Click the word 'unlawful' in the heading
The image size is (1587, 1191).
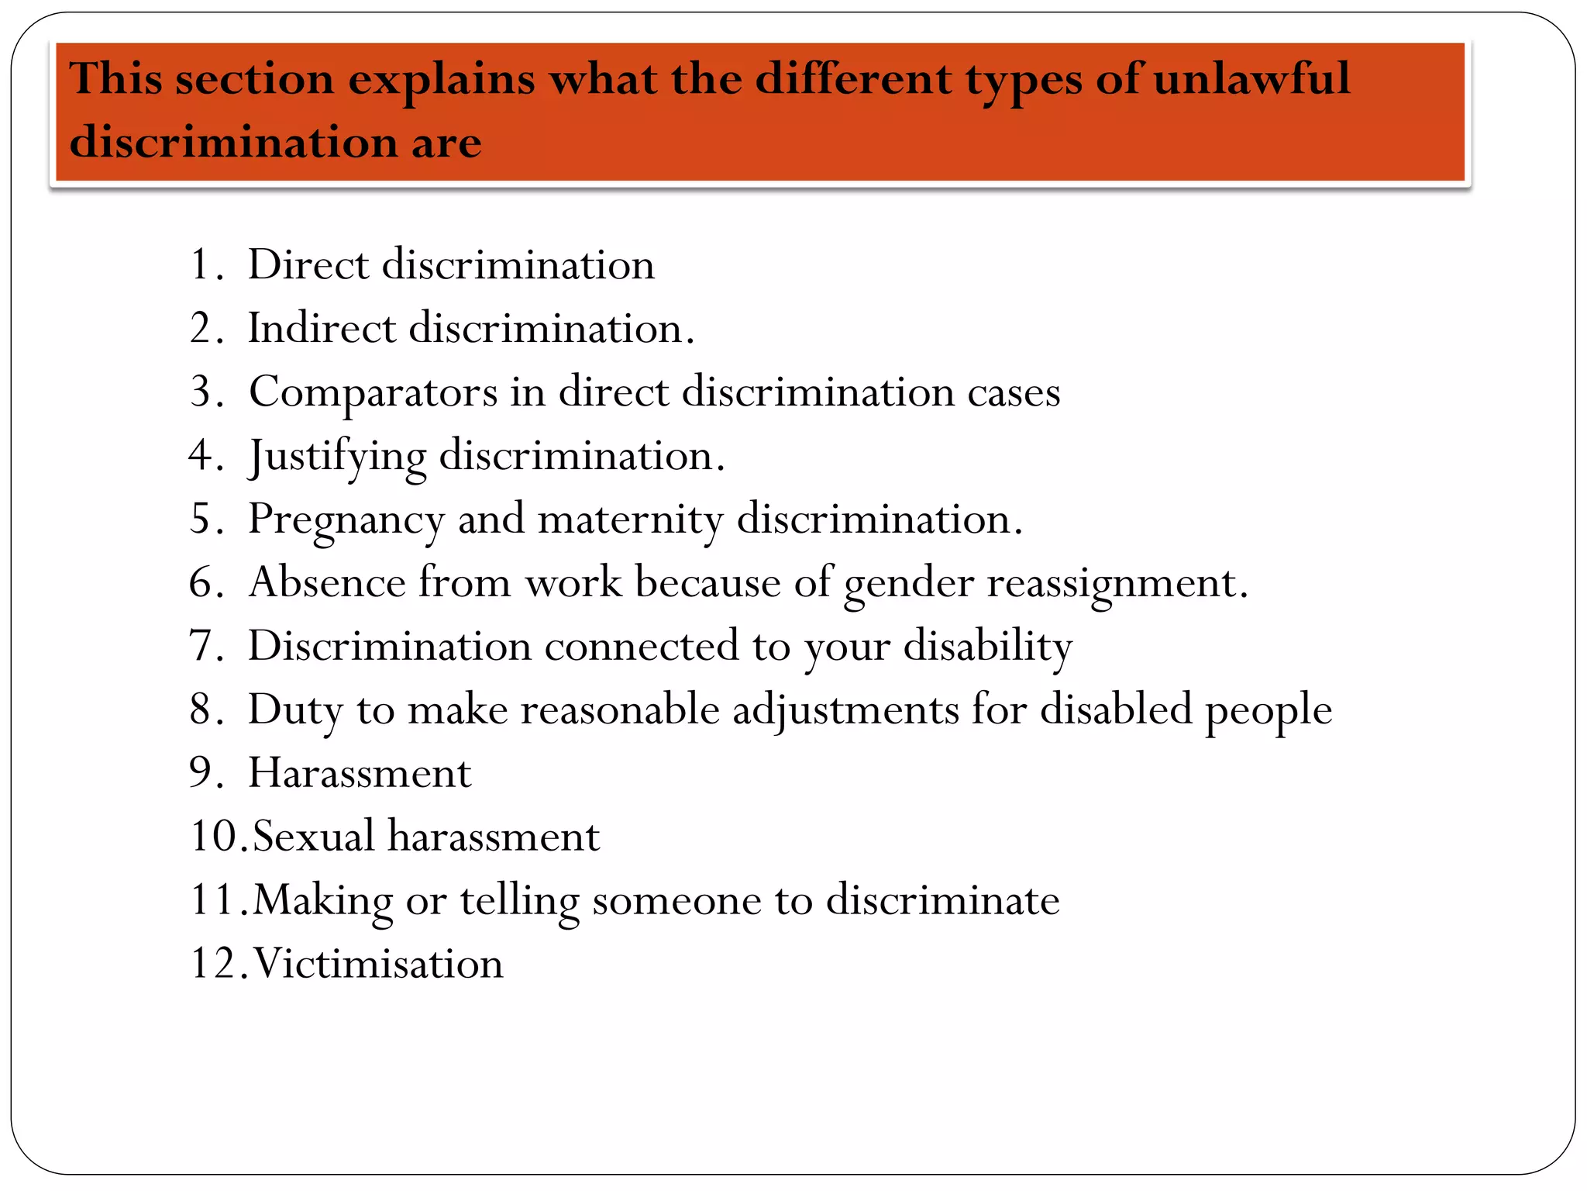tap(1251, 79)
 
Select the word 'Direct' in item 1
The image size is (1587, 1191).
tap(308, 265)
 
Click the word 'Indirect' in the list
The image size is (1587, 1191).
tap(321, 328)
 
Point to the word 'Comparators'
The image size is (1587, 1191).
tap(373, 392)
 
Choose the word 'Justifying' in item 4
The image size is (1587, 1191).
tap(337, 456)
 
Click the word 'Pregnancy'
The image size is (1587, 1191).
tap(346, 520)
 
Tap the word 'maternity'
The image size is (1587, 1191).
tap(630, 520)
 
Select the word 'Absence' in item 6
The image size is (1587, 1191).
tap(326, 582)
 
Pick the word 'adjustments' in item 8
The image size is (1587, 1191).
tap(845, 710)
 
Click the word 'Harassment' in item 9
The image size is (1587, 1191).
tap(360, 773)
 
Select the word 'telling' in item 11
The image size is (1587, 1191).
tap(519, 901)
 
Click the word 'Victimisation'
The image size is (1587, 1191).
tap(378, 964)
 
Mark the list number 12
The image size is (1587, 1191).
tap(217, 964)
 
